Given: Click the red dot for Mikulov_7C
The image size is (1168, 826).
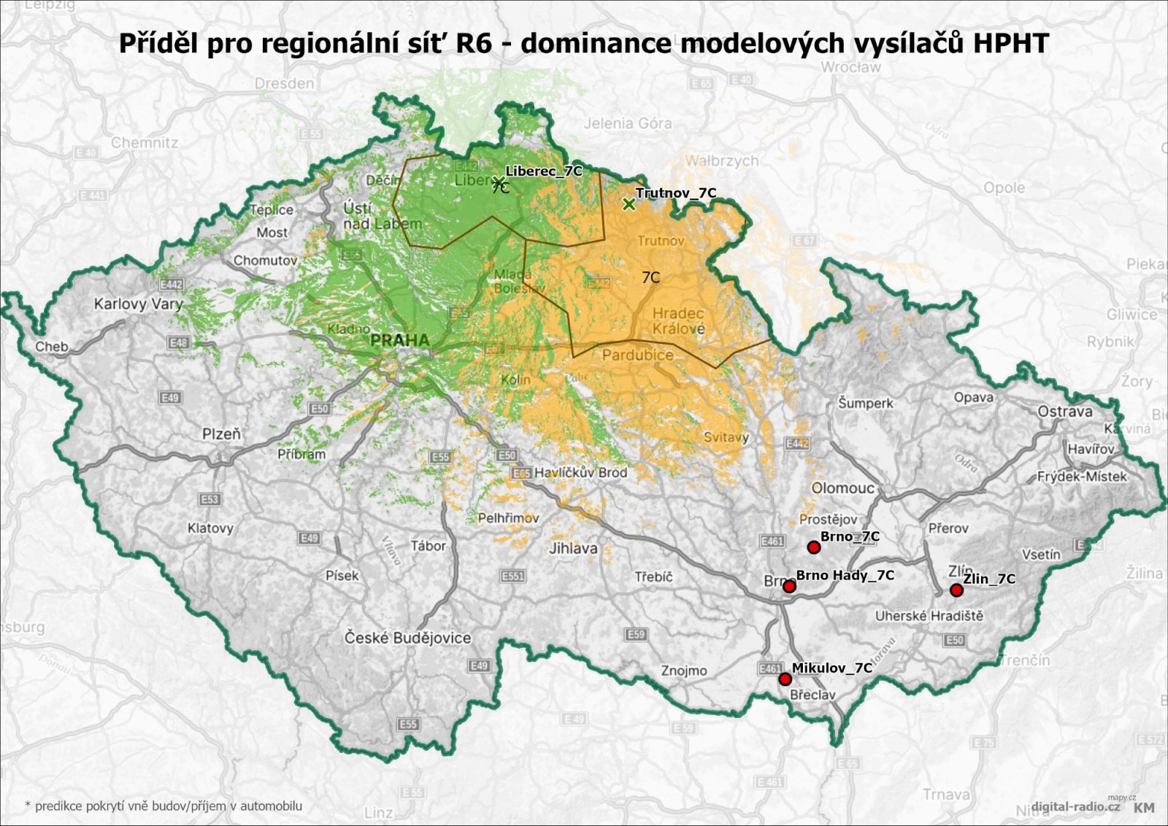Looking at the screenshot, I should coord(785,679).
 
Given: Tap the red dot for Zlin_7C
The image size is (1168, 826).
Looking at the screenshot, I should coord(956,590).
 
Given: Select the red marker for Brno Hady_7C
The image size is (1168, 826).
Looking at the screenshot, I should coord(789,586).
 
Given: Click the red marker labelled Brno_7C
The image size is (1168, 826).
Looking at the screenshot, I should coord(814,547).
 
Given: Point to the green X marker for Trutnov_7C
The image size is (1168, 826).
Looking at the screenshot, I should coord(629,204).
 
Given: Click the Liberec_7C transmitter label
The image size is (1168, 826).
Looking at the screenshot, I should coord(544,171).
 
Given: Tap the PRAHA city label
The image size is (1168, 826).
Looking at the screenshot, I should coord(399,340).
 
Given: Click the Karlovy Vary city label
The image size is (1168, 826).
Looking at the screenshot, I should coord(138,304).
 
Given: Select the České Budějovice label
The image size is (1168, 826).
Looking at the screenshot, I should coord(407,638).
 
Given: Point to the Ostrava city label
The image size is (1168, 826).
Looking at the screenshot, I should coord(1065,412).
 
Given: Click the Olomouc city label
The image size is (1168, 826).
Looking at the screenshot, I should coord(842,488).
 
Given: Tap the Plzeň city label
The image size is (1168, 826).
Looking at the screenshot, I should coord(221,433).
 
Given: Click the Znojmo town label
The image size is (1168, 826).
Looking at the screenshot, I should coord(684,670).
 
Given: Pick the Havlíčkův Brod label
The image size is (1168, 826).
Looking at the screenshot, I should coord(580,472).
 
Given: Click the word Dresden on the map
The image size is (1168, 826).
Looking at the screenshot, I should coord(285,83).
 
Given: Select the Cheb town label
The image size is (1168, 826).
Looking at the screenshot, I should coord(52,347).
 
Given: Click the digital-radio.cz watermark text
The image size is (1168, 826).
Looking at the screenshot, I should coord(1075,806).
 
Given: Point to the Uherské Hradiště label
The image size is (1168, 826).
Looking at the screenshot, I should coord(929,615).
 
